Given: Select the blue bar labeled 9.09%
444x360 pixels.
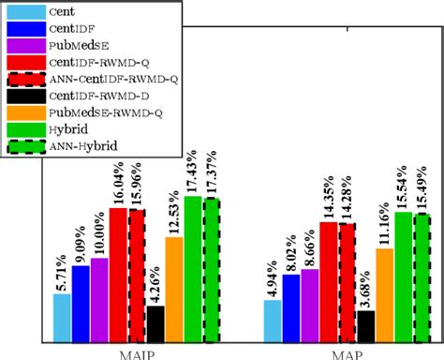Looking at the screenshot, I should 81,303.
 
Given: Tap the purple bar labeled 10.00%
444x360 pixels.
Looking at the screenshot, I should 100,299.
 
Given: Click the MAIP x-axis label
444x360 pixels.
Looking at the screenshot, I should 138,353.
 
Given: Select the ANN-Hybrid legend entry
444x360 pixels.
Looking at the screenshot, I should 66,145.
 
